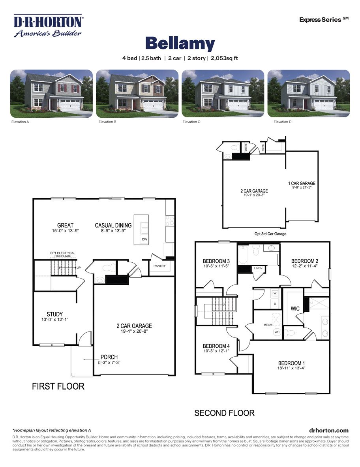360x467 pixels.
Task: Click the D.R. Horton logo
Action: pyautogui.click(x=48, y=26)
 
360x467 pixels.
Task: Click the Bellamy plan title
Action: pyautogui.click(x=180, y=43)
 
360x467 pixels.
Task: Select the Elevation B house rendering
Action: pyautogui.click(x=137, y=94)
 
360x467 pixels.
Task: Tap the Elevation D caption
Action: pyautogui.click(x=283, y=122)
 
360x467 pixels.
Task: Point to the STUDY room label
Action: pyautogui.click(x=54, y=314)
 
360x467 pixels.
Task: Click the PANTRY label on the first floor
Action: pyautogui.click(x=159, y=266)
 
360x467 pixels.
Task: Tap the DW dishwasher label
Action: pyautogui.click(x=144, y=239)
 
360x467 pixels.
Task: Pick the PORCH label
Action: pyautogui.click(x=109, y=357)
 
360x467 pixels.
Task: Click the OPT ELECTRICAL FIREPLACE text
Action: pyautogui.click(x=62, y=254)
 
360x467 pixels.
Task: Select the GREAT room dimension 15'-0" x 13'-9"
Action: pyautogui.click(x=65, y=231)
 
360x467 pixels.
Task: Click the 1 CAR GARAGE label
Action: pyautogui.click(x=302, y=183)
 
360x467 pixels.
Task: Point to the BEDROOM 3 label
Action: pyautogui.click(x=216, y=261)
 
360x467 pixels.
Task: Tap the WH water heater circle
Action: pyautogui.click(x=277, y=332)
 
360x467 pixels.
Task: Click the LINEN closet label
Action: pyautogui.click(x=258, y=268)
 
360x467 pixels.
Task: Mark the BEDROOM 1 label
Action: pyautogui.click(x=291, y=363)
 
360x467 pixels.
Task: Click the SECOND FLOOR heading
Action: pyautogui.click(x=224, y=413)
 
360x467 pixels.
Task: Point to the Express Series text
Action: pyautogui.click(x=324, y=19)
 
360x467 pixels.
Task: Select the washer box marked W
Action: pyautogui.click(x=275, y=294)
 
